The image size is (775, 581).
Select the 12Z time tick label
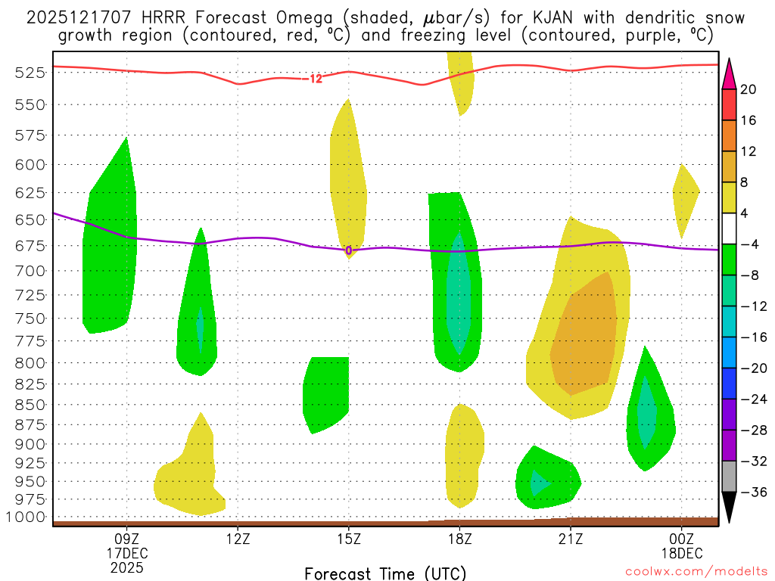click(x=238, y=540)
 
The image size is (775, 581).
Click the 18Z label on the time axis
click(x=459, y=540)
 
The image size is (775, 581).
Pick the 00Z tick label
click(x=681, y=540)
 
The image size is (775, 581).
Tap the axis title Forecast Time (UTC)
click(x=385, y=573)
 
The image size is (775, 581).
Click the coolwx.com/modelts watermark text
click(x=695, y=573)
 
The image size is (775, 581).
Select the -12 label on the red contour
click(x=313, y=78)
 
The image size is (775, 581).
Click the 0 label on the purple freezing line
click(x=349, y=250)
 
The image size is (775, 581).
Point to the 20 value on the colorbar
click(x=749, y=89)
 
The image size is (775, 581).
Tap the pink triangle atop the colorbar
click(x=729, y=73)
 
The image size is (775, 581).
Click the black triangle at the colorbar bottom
click(x=729, y=507)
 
